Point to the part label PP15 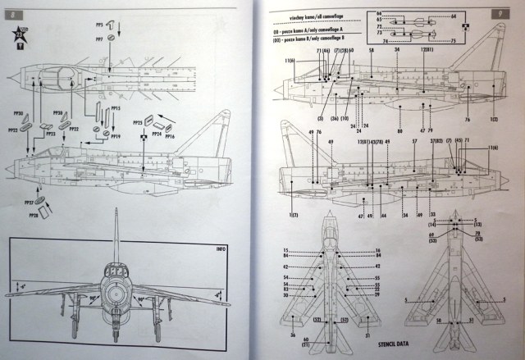(x=116, y=108)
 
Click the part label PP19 (x=116, y=136)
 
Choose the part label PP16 (x=169, y=136)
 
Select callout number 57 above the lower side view (x=415, y=142)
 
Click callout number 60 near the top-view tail (x=305, y=339)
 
